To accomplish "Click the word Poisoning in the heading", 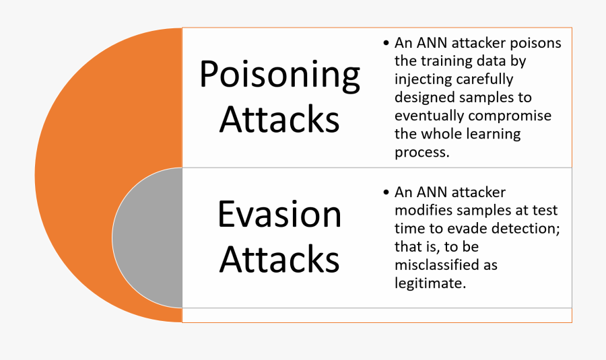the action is point(280,76).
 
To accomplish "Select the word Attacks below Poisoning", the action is point(279,119).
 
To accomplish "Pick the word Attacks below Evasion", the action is point(279,259).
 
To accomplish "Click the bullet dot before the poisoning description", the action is point(386,43).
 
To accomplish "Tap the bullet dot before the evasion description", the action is point(386,192).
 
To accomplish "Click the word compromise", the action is point(510,116).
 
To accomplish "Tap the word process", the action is point(422,152).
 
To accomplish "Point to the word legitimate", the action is point(430,283).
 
